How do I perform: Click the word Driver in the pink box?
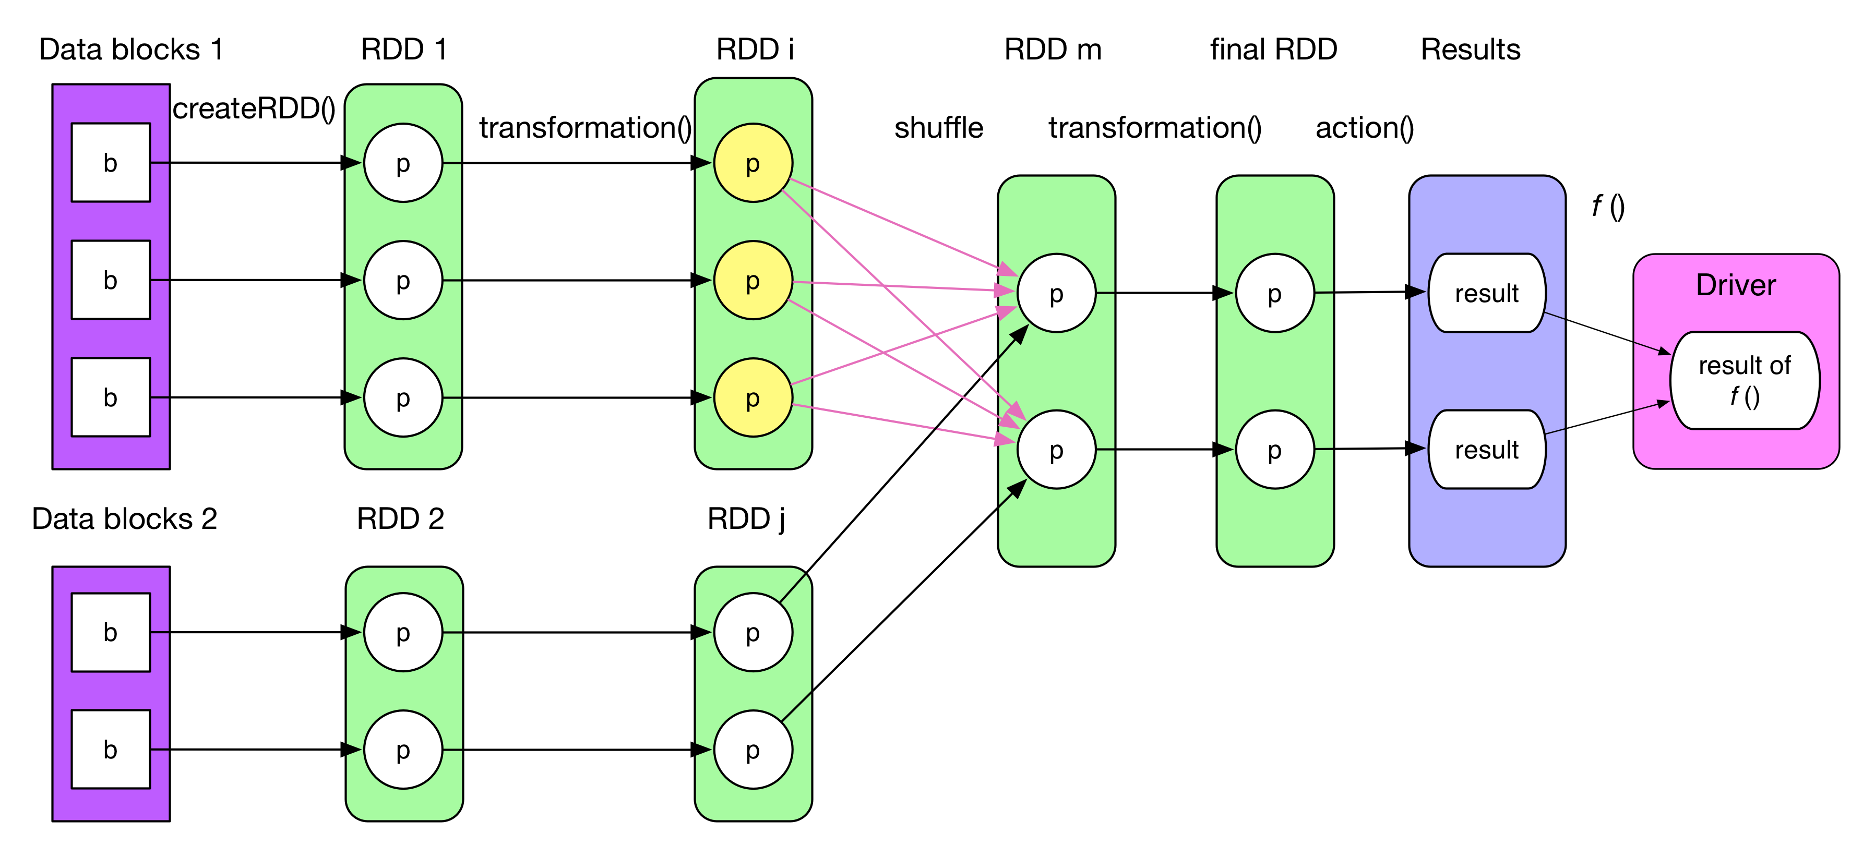pos(1735,285)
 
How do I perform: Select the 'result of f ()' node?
pos(1745,380)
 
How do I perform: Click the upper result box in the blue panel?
pos(1487,293)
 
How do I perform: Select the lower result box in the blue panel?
pos(1487,450)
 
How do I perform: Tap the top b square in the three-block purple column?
pos(111,163)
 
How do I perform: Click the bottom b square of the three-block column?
pos(111,397)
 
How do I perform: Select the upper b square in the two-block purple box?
pos(111,633)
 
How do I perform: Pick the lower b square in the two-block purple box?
pos(111,750)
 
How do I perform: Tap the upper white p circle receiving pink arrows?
pos(1056,293)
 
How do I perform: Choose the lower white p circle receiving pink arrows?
pos(1056,450)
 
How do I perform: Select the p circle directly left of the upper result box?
pos(1274,293)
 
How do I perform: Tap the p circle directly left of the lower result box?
pos(1274,450)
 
